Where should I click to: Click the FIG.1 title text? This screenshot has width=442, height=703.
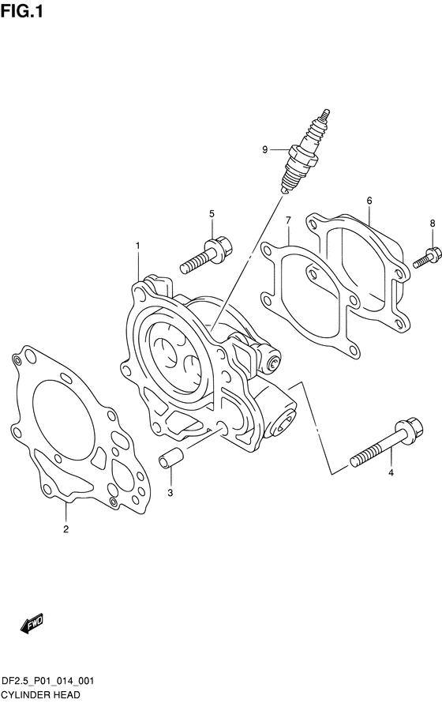coord(22,11)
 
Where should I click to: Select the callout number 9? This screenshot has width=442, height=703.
coord(264,150)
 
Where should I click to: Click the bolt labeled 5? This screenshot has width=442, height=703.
coord(206,256)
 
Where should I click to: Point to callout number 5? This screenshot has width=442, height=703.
coord(212,214)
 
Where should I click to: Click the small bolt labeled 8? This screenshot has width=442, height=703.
coord(424,259)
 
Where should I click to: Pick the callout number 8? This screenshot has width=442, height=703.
coord(433,223)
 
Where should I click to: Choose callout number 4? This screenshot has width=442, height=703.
coord(391,472)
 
